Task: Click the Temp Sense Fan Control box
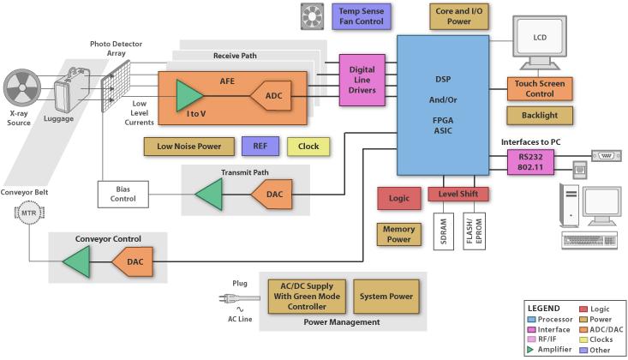[362, 16]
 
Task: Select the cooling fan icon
[312, 16]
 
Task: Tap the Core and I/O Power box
[459, 16]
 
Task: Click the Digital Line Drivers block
[362, 81]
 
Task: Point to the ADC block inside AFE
[272, 96]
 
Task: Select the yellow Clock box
[308, 147]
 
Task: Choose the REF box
[260, 147]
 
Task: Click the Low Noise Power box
[189, 147]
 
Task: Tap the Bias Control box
[123, 194]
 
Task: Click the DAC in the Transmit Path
[272, 194]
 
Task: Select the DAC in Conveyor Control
[132, 261]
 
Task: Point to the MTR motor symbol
[29, 213]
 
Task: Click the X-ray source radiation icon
[22, 87]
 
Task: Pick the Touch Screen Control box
[540, 88]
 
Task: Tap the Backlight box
[540, 116]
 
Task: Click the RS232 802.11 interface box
[530, 162]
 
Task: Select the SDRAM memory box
[444, 231]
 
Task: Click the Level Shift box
[458, 194]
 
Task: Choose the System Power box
[386, 297]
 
